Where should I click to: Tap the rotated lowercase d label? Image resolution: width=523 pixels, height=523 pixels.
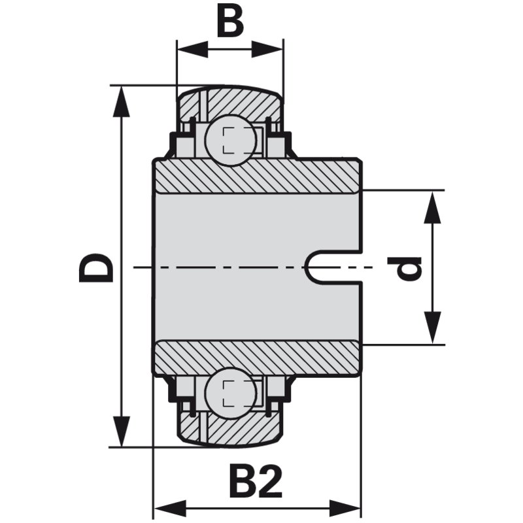(x=405, y=269)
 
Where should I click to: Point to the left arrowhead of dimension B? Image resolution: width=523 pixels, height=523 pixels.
(x=193, y=50)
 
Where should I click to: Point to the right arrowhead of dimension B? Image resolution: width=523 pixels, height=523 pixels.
(x=267, y=50)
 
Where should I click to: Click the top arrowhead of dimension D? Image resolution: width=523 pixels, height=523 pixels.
(x=121, y=102)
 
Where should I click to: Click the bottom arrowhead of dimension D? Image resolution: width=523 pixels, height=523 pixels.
(x=121, y=431)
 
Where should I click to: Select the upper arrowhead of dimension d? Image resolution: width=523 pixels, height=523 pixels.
(x=432, y=207)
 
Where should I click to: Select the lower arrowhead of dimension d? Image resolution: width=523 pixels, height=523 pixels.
(x=432, y=328)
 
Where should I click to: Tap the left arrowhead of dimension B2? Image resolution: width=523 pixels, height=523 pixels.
(x=170, y=509)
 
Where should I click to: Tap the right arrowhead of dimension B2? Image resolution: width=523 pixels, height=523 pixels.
(x=345, y=509)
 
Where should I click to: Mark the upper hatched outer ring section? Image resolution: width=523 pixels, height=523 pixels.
(x=230, y=105)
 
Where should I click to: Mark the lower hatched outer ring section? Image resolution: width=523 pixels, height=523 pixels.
(x=230, y=428)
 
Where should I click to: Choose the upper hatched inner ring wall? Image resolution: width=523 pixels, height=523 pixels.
(x=257, y=176)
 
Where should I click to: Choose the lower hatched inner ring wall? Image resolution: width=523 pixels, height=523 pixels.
(x=257, y=358)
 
